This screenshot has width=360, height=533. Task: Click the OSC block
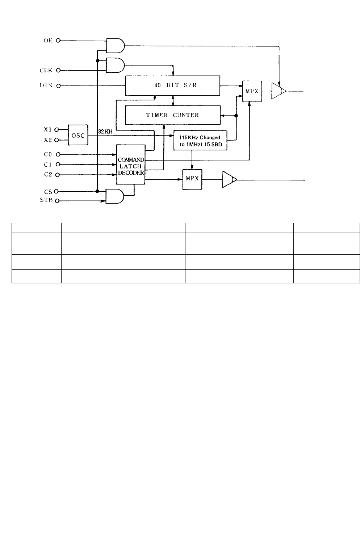78,135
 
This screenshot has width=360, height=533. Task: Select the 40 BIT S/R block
173,86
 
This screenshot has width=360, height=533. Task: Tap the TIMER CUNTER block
173,115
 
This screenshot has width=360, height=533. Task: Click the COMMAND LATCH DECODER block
131,165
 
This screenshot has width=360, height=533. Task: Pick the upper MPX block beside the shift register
252,91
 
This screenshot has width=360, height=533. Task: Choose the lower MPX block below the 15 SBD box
192,179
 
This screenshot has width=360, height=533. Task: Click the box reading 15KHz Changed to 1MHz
200,140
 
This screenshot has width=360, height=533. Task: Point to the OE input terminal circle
58,41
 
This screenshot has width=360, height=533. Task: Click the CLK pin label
46,70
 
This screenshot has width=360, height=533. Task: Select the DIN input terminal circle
59,86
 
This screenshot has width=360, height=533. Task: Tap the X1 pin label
48,129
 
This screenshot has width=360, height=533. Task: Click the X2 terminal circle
56,140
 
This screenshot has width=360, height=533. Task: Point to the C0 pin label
48,154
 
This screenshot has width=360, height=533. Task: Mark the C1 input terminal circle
58,165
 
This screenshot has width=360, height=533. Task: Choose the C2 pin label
48,174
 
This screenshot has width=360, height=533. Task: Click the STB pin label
46,200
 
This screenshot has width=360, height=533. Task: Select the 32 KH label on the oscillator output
105,132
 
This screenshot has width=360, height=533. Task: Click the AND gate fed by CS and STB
115,196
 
